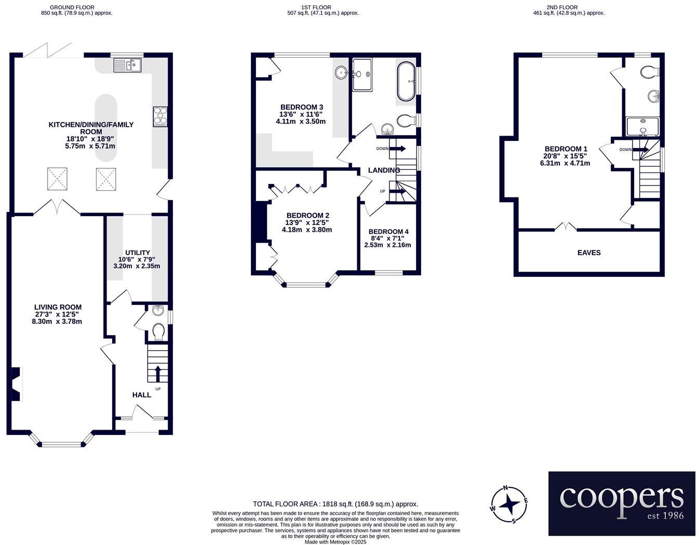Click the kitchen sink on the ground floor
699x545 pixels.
tap(127, 65)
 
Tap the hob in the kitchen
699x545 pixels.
tap(160, 117)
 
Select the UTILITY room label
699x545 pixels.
tap(137, 252)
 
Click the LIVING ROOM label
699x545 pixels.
tap(58, 307)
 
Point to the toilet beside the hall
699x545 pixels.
tap(158, 331)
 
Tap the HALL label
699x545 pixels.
tap(141, 395)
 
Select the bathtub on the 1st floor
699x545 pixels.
tap(406, 82)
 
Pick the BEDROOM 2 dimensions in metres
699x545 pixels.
tap(307, 230)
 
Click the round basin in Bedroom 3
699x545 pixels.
tap(341, 73)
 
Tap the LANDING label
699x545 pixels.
tap(384, 170)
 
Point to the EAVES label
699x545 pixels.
tap(589, 252)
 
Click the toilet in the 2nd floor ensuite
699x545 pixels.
tap(649, 72)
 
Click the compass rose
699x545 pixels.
tap(510, 504)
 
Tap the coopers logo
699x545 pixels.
tap(622, 503)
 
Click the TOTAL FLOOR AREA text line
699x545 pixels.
tap(335, 504)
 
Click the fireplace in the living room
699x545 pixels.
tap(16, 384)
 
